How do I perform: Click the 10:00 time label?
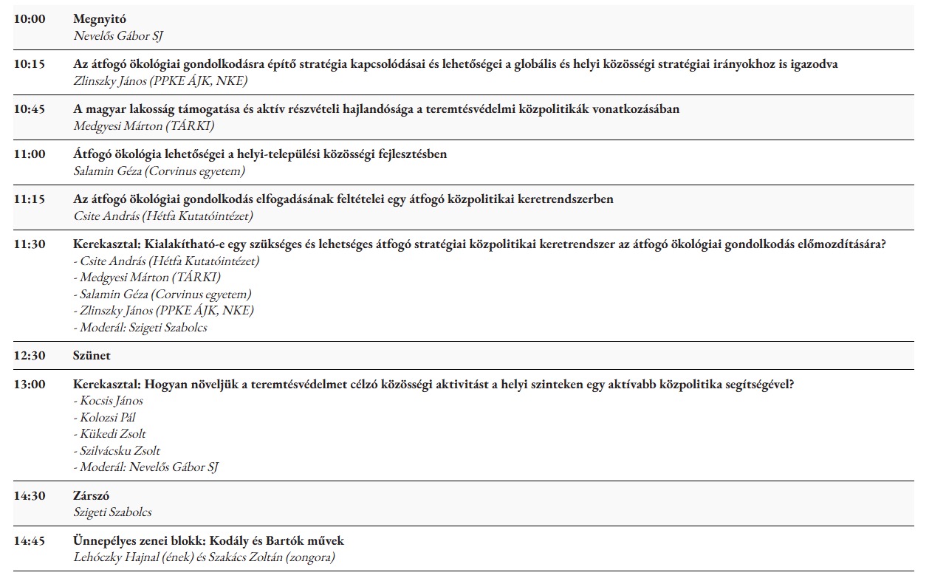coord(30,19)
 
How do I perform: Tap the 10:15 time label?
coord(30,64)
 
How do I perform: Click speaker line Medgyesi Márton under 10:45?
coord(143,125)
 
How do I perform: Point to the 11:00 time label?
coord(30,154)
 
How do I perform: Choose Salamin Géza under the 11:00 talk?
coord(159,171)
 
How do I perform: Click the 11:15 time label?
coord(30,199)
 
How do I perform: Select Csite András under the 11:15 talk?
coord(163,216)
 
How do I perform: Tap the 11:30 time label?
coord(30,244)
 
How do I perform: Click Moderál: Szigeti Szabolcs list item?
coord(140,327)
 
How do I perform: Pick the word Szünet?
coord(92,356)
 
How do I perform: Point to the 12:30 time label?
coord(30,356)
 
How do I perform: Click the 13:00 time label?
coord(30,385)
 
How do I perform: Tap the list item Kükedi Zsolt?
coord(109,433)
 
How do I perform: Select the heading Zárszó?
coord(92,496)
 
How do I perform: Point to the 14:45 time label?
coord(30,541)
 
